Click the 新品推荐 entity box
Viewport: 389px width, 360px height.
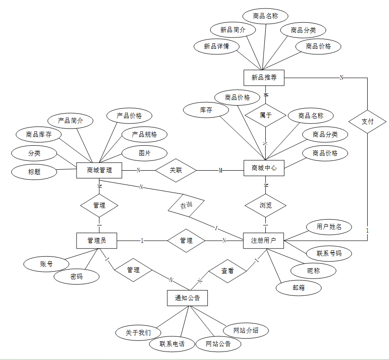pos(264,78)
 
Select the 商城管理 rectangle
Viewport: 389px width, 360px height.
pos(99,170)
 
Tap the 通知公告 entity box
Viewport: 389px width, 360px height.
pos(187,298)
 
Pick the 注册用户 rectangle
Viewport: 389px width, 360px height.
pos(263,241)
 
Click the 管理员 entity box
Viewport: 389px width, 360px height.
pos(97,241)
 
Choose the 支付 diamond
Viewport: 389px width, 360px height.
pos(367,121)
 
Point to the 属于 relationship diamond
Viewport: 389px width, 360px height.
pos(266,115)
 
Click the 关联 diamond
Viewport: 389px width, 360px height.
pos(176,170)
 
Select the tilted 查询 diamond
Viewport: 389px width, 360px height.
pos(186,206)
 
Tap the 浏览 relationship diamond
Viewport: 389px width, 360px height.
pos(266,205)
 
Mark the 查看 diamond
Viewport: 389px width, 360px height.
pos(228,270)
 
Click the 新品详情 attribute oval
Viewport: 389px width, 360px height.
pos(216,46)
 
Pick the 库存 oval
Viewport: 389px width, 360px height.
pos(206,110)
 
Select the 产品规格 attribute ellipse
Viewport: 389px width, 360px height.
pos(144,134)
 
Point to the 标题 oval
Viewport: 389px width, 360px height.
pos(34,171)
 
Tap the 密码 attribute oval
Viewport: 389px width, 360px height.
pos(77,276)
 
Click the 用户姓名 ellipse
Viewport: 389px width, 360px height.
pos(329,227)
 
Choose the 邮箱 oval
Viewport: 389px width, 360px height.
pos(299,287)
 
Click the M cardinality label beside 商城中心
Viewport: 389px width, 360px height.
pos(220,171)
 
